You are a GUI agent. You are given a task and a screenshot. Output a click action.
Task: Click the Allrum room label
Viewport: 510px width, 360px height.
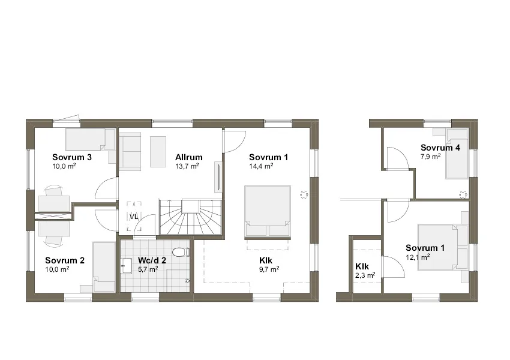[x=188, y=157]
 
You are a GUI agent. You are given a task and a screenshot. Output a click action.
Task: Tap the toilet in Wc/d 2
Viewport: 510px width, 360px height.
[x=178, y=252]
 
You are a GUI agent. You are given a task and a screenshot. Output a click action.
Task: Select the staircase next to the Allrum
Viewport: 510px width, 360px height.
[x=190, y=217]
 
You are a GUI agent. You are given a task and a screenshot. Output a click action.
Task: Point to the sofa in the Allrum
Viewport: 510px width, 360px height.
[x=130, y=151]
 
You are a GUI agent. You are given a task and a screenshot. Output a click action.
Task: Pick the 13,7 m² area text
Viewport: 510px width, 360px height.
[x=187, y=166]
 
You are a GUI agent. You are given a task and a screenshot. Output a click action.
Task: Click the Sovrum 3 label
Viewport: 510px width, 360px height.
[x=72, y=157]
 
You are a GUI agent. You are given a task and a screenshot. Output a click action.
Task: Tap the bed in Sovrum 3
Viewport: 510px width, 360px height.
[x=89, y=140]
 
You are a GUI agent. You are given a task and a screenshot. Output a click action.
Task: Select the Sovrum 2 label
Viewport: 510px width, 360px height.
[x=65, y=260]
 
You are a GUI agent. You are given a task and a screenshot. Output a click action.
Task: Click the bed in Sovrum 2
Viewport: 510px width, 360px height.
[x=103, y=266]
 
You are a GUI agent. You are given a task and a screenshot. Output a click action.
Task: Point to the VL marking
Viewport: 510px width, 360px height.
[x=133, y=217]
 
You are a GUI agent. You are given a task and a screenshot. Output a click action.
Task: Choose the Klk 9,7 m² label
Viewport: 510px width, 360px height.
[x=268, y=260]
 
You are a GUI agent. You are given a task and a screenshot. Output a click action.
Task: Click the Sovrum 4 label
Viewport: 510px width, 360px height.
[x=440, y=148]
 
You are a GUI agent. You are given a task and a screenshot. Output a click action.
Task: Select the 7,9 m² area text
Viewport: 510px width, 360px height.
[x=431, y=156]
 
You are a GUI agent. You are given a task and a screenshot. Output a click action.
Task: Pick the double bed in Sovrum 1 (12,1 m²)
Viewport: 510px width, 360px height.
[x=441, y=247]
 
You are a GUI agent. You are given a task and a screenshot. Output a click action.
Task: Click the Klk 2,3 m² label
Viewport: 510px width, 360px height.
[x=362, y=266]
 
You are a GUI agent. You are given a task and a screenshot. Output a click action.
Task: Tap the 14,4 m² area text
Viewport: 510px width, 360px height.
[x=261, y=166]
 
